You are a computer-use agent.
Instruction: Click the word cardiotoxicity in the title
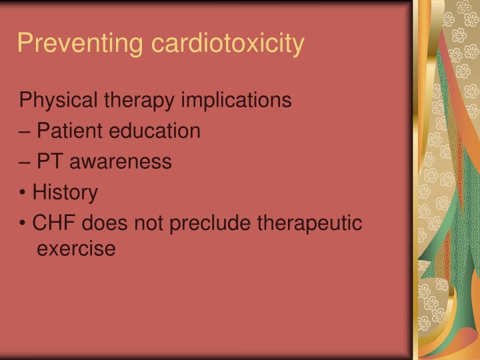[x=228, y=43]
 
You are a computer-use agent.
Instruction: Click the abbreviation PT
[x=49, y=162]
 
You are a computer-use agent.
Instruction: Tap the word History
[x=65, y=193]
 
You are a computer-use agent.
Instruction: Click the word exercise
[x=76, y=249]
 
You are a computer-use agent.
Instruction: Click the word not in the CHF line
[x=150, y=223]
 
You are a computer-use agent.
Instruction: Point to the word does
[x=101, y=223]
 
